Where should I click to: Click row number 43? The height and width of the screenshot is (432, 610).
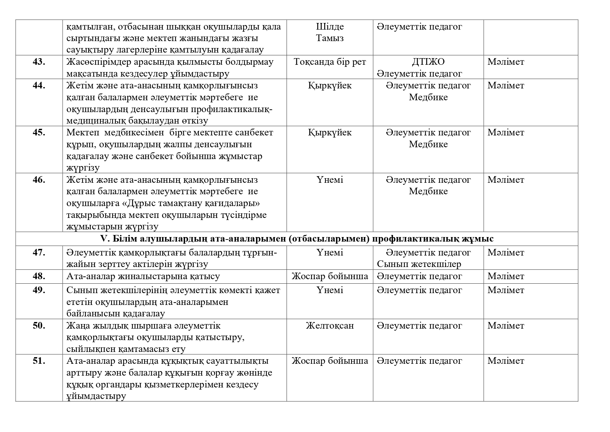click(39, 62)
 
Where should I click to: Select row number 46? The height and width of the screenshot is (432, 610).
click(39, 180)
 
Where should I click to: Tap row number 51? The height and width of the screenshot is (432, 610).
click(39, 361)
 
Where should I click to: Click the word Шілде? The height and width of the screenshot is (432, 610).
click(330, 27)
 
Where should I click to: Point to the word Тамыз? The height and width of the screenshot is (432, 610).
click(330, 38)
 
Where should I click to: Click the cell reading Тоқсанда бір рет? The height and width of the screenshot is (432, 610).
click(330, 62)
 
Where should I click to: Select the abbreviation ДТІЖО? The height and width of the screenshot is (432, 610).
click(428, 62)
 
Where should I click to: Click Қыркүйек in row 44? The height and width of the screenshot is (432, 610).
click(330, 86)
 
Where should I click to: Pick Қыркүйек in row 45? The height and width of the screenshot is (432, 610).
click(330, 133)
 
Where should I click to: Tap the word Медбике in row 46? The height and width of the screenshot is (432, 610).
click(428, 191)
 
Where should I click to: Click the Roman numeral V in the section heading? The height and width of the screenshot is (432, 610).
click(103, 239)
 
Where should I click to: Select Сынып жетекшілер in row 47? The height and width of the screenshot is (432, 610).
click(419, 264)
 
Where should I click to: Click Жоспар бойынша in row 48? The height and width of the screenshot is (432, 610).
click(330, 276)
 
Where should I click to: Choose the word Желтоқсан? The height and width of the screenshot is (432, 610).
click(330, 326)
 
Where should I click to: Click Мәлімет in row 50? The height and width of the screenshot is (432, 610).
click(506, 326)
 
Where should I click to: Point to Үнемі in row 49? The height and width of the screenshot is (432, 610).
click(330, 290)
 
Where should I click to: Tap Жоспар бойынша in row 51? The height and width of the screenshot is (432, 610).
click(330, 361)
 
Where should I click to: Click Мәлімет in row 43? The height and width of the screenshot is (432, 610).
click(506, 62)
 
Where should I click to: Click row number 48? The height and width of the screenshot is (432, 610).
click(39, 276)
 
